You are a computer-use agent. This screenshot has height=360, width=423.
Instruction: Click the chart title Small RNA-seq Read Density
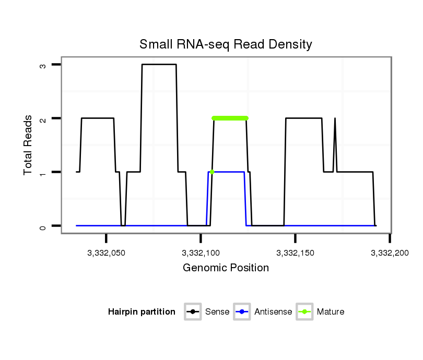(226, 44)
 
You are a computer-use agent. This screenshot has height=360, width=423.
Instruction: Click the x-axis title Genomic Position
(226, 268)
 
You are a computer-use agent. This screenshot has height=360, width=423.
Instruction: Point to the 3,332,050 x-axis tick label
(107, 253)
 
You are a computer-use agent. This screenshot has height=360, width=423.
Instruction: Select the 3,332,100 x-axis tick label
(201, 253)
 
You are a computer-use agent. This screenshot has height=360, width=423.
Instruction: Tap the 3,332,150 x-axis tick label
(296, 253)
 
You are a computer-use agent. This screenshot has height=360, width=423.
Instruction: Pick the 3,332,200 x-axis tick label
(390, 253)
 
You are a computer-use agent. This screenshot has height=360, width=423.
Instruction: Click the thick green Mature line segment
(230, 118)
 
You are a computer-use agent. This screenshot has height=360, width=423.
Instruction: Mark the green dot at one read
(211, 172)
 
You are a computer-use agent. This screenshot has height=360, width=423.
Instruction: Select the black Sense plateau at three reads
(159, 65)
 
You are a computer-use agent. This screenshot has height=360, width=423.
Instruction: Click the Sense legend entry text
(217, 312)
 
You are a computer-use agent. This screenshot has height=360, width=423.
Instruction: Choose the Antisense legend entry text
(273, 312)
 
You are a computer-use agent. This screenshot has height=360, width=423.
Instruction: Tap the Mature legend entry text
(331, 312)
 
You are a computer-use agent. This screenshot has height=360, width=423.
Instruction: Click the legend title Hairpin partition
(142, 312)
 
